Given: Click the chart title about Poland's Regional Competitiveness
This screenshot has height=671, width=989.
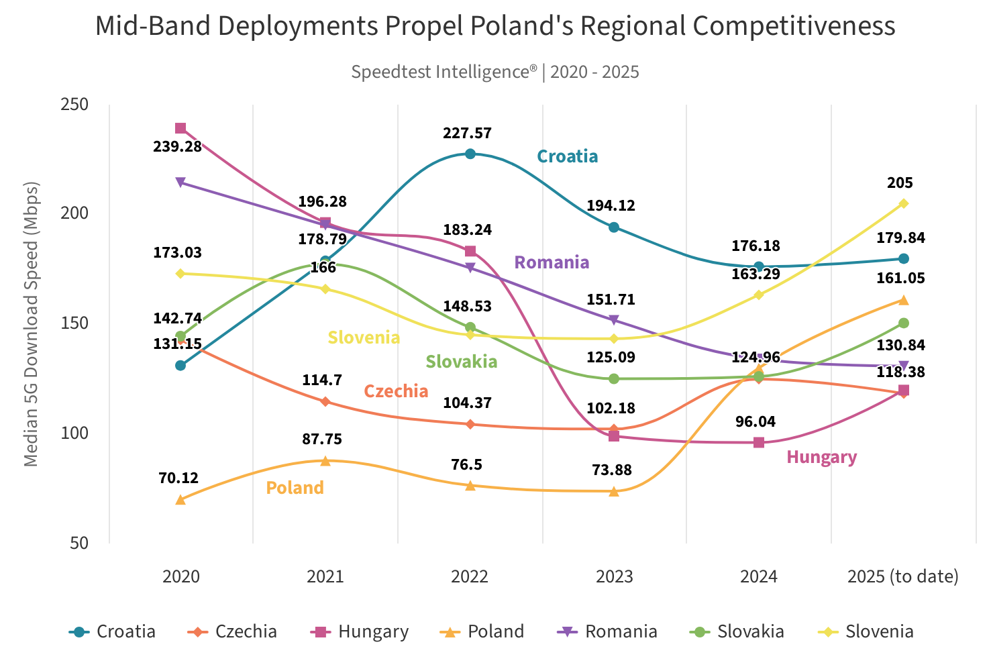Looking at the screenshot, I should pyautogui.click(x=494, y=26).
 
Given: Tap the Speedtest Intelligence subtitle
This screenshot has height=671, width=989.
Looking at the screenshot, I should pyautogui.click(x=494, y=72).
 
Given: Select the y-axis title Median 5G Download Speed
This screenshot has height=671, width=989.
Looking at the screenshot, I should pyautogui.click(x=31, y=323).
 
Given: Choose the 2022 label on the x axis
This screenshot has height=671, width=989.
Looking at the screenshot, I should pyautogui.click(x=470, y=576).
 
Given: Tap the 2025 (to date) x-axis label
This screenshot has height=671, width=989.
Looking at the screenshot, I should pyautogui.click(x=903, y=576).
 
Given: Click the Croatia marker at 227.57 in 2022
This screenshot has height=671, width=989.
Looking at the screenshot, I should pyautogui.click(x=470, y=154).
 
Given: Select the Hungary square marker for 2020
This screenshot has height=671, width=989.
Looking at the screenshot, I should pyautogui.click(x=180, y=128).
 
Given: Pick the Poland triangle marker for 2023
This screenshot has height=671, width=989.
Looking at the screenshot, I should pyautogui.click(x=614, y=492).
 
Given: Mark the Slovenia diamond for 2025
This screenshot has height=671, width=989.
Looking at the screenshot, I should pyautogui.click(x=903, y=203).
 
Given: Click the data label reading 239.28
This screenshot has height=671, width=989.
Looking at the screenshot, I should pyautogui.click(x=177, y=146).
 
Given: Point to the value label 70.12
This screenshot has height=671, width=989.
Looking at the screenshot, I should pyautogui.click(x=178, y=478).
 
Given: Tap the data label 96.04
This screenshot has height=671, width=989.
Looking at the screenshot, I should pyautogui.click(x=756, y=422).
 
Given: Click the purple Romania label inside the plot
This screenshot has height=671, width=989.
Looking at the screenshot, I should pyautogui.click(x=552, y=262).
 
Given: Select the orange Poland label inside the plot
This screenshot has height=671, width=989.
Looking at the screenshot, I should pyautogui.click(x=295, y=488).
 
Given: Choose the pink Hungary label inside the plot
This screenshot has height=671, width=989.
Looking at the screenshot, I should pyautogui.click(x=821, y=458).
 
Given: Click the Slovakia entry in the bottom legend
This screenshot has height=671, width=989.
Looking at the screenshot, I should pyautogui.click(x=738, y=631).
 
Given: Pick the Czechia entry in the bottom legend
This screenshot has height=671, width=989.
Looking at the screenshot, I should pyautogui.click(x=233, y=631).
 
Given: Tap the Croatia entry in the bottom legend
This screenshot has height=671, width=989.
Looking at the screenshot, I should pyautogui.click(x=113, y=631).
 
